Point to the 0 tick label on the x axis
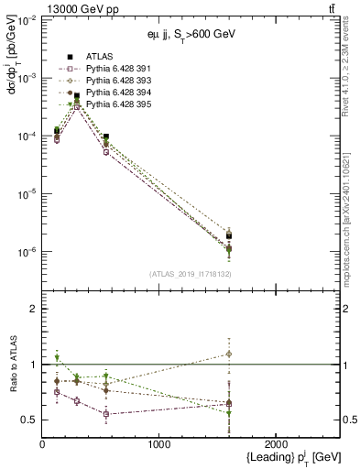pyautogui.click(x=42, y=443)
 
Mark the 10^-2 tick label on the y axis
pyautogui.click(x=27, y=20)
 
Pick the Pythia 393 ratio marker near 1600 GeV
pyautogui.click(x=229, y=354)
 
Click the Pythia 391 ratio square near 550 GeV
pyautogui.click(x=106, y=414)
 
